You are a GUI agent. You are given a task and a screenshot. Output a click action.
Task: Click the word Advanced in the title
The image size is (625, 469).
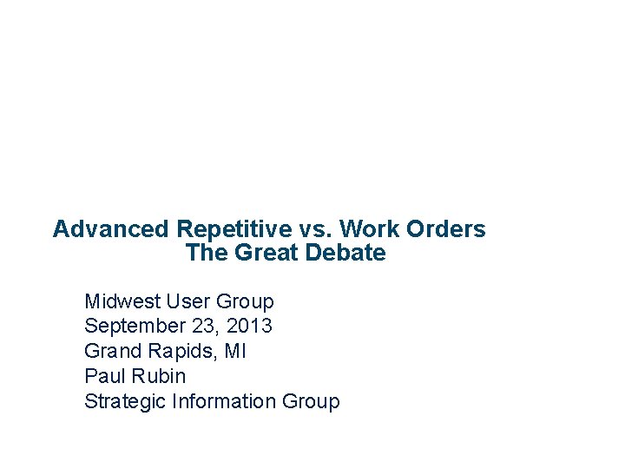pyautogui.click(x=111, y=229)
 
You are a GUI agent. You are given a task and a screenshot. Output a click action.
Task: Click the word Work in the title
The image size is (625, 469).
pyautogui.click(x=365, y=229)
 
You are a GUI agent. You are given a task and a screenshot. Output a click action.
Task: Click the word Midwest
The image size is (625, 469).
pyautogui.click(x=122, y=301)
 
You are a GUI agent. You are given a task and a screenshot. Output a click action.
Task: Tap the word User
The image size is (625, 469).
pyautogui.click(x=188, y=301)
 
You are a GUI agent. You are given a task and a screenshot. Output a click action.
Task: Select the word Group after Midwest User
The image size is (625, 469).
pyautogui.click(x=245, y=302)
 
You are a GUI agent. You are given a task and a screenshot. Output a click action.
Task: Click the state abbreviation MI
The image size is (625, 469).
pyautogui.click(x=234, y=351)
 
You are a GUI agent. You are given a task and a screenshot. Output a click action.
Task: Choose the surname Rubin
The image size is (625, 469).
pyautogui.click(x=158, y=376)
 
